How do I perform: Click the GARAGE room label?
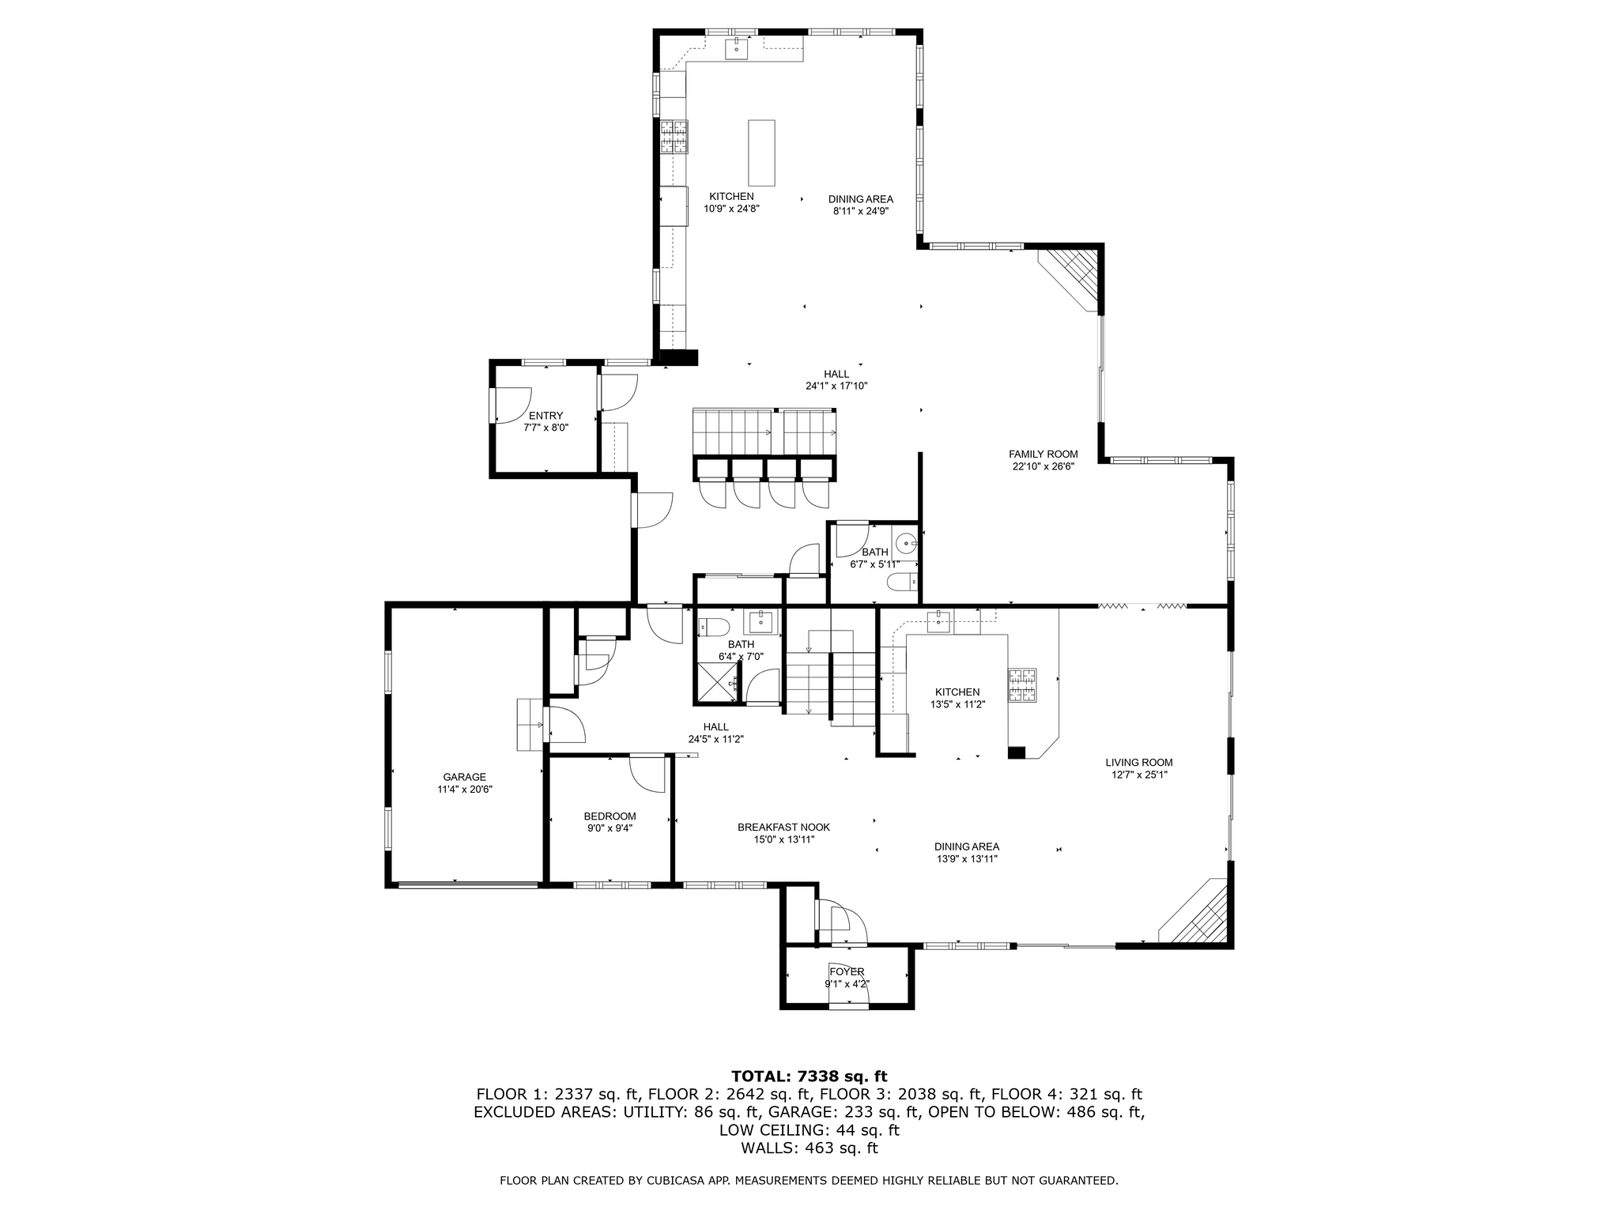coord(464,777)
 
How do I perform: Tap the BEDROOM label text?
coord(609,816)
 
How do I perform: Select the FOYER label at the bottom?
coord(847,971)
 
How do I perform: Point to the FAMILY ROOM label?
coord(1043,454)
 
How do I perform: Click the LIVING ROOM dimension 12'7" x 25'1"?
coord(1139,775)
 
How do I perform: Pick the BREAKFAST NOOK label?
coord(783,828)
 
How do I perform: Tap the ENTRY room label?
coord(545,416)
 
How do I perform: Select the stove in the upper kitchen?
coord(674,136)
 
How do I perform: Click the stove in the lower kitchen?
coord(1021,685)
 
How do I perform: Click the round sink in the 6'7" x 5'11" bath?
coord(906,542)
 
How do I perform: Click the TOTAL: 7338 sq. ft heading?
coord(809,1076)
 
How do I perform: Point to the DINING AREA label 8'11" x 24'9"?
coord(860,199)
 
